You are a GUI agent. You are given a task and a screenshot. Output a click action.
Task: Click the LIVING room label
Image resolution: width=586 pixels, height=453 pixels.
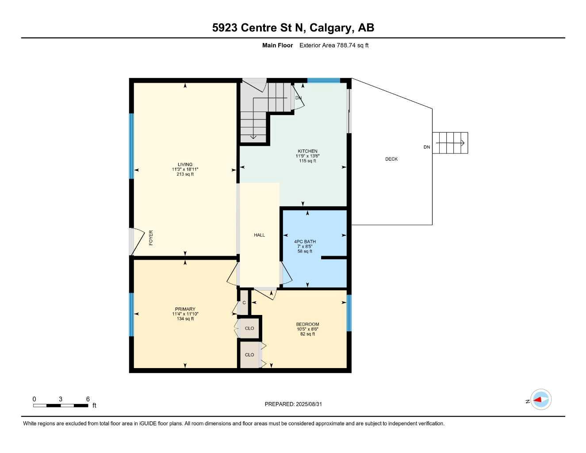pos(185,165)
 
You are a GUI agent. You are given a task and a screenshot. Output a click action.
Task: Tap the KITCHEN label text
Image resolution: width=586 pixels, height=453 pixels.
pos(307,151)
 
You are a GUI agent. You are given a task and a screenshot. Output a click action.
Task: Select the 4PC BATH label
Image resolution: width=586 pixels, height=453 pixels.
pos(305,242)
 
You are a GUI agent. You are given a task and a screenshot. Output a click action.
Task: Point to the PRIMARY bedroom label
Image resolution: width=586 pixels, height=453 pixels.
pos(185,309)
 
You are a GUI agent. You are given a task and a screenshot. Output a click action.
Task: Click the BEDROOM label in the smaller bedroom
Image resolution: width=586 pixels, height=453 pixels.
pos(307,324)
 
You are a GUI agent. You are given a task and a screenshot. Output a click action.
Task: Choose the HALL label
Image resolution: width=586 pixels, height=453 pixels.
pos(259,235)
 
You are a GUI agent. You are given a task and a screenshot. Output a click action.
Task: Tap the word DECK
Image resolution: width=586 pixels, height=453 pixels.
pos(391,159)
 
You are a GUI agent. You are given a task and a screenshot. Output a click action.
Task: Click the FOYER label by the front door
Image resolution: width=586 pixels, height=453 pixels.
pos(151,238)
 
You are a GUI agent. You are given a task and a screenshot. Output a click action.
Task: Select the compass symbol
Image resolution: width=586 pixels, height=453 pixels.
pos(540,400)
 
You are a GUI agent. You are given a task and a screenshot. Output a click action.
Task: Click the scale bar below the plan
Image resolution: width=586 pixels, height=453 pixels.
pos(61,405)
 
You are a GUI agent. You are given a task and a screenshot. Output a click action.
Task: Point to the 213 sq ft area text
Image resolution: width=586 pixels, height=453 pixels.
pos(185,174)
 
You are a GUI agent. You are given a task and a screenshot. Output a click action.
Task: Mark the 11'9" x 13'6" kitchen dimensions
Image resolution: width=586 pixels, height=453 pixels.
pos(307,156)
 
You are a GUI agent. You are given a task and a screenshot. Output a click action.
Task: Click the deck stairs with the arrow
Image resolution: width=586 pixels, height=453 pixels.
pos(450,143)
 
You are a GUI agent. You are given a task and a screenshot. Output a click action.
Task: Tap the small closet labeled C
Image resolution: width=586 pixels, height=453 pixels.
pos(244,303)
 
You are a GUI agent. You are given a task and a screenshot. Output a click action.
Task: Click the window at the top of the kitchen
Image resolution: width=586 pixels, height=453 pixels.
pos(323,81)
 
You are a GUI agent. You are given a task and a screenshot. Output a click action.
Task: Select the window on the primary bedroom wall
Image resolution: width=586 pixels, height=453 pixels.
pos(131,315)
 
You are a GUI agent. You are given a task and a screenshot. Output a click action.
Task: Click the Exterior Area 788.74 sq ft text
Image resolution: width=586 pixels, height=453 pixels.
pos(334,45)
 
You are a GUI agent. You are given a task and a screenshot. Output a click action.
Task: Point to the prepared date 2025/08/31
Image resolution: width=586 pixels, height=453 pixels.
pos(296,404)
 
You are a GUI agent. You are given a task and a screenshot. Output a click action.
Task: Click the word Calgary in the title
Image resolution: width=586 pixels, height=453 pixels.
pos(331,28)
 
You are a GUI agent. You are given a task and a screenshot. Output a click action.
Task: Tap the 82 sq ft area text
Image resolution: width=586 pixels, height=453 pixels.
pos(307,334)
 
